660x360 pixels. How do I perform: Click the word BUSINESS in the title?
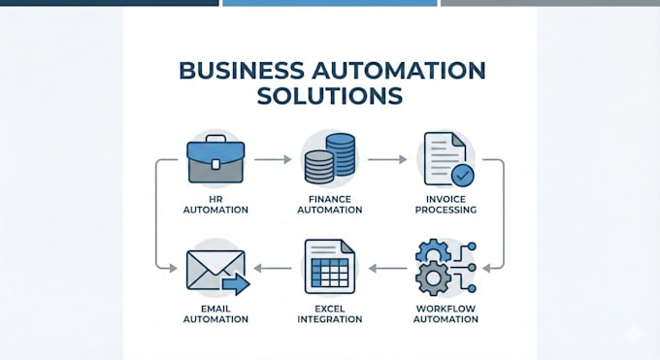coord(241,70)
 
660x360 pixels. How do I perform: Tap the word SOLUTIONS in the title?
coord(330,96)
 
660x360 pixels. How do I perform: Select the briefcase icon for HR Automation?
coord(215,159)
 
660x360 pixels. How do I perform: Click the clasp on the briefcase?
coord(215,164)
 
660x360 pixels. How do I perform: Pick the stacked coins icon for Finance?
coord(330,159)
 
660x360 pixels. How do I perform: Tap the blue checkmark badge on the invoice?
coord(463,176)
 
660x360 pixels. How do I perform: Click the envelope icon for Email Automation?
coord(215,270)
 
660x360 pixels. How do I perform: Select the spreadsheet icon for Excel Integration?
coord(330,267)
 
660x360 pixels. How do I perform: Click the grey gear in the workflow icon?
coord(433,278)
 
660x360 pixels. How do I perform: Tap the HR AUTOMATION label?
coord(215,205)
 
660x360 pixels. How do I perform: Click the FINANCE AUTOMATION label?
coord(330,205)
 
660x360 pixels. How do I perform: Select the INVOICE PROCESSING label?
coord(445,205)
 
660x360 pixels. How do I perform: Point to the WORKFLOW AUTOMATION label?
coord(445,314)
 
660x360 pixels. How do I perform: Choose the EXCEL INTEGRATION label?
coord(330,314)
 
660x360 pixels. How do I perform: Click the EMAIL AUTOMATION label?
coord(215,314)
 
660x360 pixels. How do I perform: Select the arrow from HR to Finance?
coord(273,159)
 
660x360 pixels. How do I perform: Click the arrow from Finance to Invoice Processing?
coord(387,159)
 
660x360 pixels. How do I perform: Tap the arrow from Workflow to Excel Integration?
coord(387,268)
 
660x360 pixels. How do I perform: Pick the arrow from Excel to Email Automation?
coord(273,268)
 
